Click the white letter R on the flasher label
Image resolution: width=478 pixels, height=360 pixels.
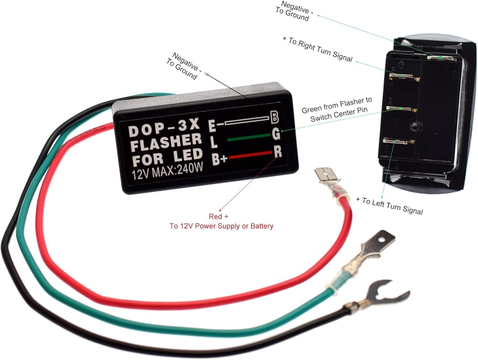278,152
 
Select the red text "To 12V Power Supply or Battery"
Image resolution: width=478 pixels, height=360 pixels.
221,226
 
